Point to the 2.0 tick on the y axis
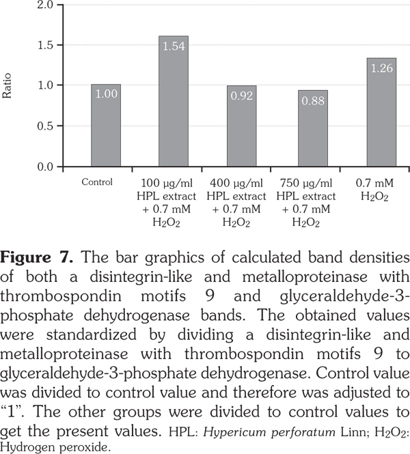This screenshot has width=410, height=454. tap(46, 5)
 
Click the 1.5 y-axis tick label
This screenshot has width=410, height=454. tap(46, 46)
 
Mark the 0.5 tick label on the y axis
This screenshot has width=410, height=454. tap(46, 126)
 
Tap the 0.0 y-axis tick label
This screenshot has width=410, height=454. tap(46, 167)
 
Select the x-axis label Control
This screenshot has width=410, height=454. tap(96, 182)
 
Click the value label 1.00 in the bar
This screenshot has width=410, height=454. tap(106, 94)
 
